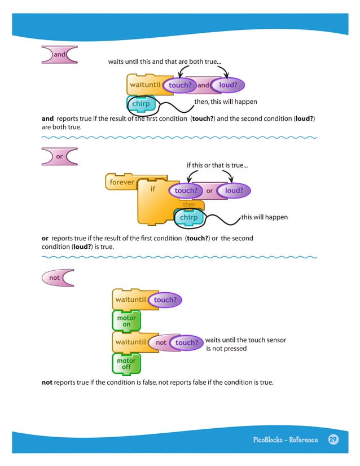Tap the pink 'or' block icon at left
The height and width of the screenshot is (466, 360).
tap(59, 156)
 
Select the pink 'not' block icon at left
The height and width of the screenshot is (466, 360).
tap(57, 278)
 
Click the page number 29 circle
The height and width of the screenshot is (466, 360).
tap(333, 439)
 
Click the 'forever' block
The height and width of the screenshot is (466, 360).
tap(121, 182)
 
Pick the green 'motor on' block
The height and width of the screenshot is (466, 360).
tap(126, 322)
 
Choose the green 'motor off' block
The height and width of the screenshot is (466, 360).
tap(126, 364)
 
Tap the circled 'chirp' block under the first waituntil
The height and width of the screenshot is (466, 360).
tap(141, 104)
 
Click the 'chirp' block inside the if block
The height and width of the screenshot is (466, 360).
tap(188, 217)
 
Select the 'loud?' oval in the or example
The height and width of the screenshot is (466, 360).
tap(234, 191)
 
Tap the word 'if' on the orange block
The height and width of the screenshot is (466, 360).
tap(152, 189)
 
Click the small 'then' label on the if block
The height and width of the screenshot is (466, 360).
tap(188, 204)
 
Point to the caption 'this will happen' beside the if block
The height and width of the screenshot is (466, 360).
tap(264, 217)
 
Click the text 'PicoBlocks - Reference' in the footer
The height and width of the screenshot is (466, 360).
tap(286, 440)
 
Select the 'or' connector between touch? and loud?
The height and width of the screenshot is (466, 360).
tap(209, 191)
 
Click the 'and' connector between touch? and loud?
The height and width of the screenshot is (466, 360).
tap(203, 85)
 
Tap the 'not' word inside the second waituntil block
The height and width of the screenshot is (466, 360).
tap(161, 342)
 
